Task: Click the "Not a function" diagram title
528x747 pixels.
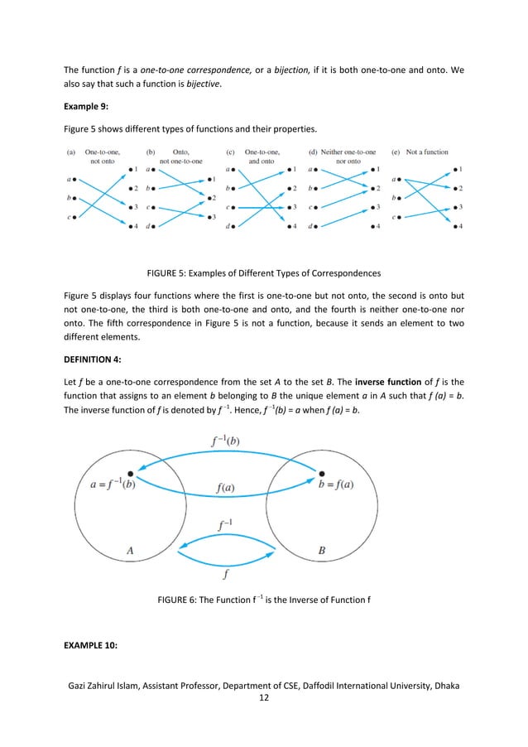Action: (426, 152)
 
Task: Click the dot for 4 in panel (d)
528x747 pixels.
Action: (376, 226)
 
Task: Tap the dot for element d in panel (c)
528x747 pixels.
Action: (234, 226)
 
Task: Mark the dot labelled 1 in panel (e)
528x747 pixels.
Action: (450, 170)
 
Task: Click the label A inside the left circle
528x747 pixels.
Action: (129, 549)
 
